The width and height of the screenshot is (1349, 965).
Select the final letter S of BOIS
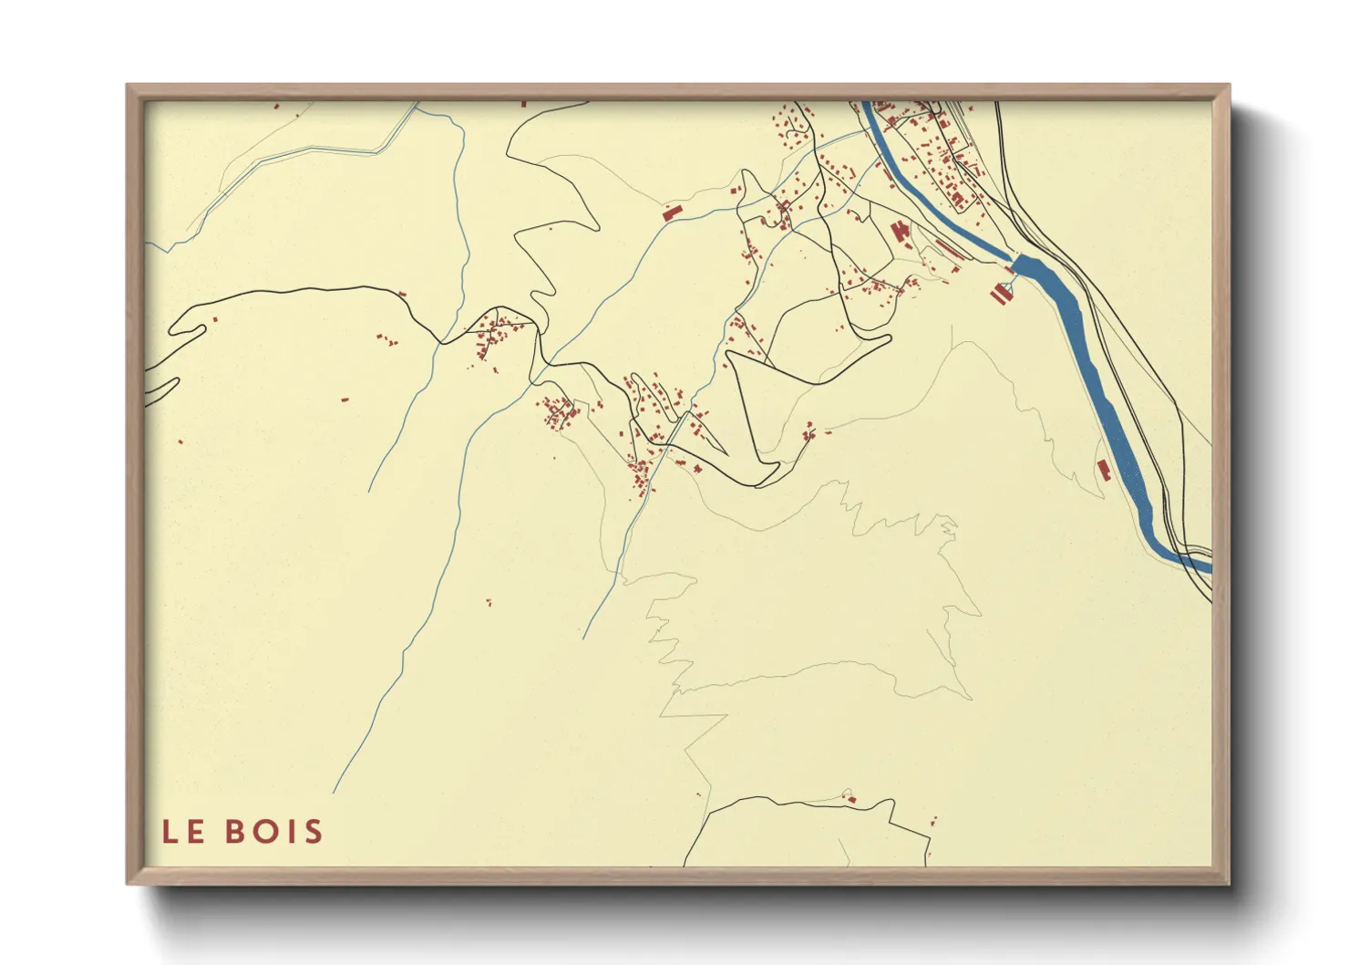click(x=313, y=832)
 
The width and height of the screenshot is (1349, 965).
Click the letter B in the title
click(x=233, y=832)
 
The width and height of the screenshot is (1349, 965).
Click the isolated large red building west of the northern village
click(x=672, y=213)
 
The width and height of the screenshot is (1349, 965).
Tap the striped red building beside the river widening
click(x=1002, y=294)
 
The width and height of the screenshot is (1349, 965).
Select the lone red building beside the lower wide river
click(x=1104, y=471)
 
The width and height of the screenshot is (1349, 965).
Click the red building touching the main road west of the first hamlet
click(x=400, y=294)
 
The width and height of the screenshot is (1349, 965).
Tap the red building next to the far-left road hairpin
click(x=215, y=319)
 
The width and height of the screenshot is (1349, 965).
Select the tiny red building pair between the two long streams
click(x=489, y=602)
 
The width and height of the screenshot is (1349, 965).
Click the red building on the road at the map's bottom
click(x=851, y=799)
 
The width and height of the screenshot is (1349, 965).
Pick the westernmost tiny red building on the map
click(x=180, y=442)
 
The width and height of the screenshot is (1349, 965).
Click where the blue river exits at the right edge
click(x=1209, y=567)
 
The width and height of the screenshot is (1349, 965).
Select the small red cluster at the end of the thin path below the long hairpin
click(x=808, y=431)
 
